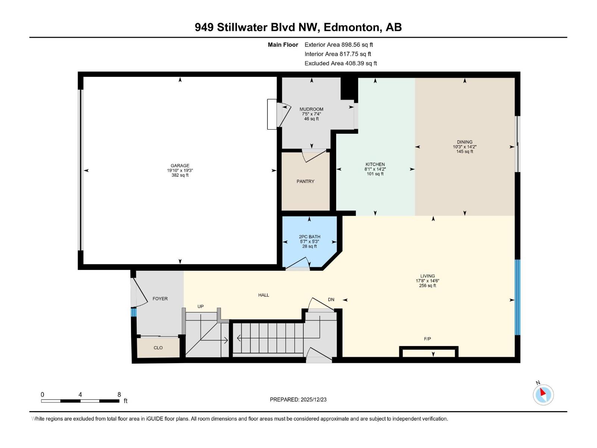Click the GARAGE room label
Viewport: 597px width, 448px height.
coord(180,166)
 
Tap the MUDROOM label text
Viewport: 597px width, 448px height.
coord(311,109)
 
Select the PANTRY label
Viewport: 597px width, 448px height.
coord(305,181)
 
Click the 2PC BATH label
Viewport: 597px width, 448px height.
coord(309,237)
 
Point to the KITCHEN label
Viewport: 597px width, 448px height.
coord(375,164)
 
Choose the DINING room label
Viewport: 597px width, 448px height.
coord(465,142)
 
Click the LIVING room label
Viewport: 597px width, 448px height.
coord(427,276)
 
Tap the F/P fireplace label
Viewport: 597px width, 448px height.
coord(427,339)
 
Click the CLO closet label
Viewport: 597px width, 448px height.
coord(158,348)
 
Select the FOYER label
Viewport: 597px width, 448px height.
coord(160,299)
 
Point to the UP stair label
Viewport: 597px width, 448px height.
coord(200,307)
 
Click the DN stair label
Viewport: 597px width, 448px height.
coord(331,299)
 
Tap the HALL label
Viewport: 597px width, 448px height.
coord(263,295)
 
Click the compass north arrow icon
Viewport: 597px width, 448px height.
coord(543,394)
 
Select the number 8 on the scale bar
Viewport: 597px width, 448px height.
coord(119,395)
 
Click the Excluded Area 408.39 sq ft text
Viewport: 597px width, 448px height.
coord(340,63)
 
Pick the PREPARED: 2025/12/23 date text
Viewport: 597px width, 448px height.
coord(298,399)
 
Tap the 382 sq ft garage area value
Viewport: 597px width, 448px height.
coord(180,175)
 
